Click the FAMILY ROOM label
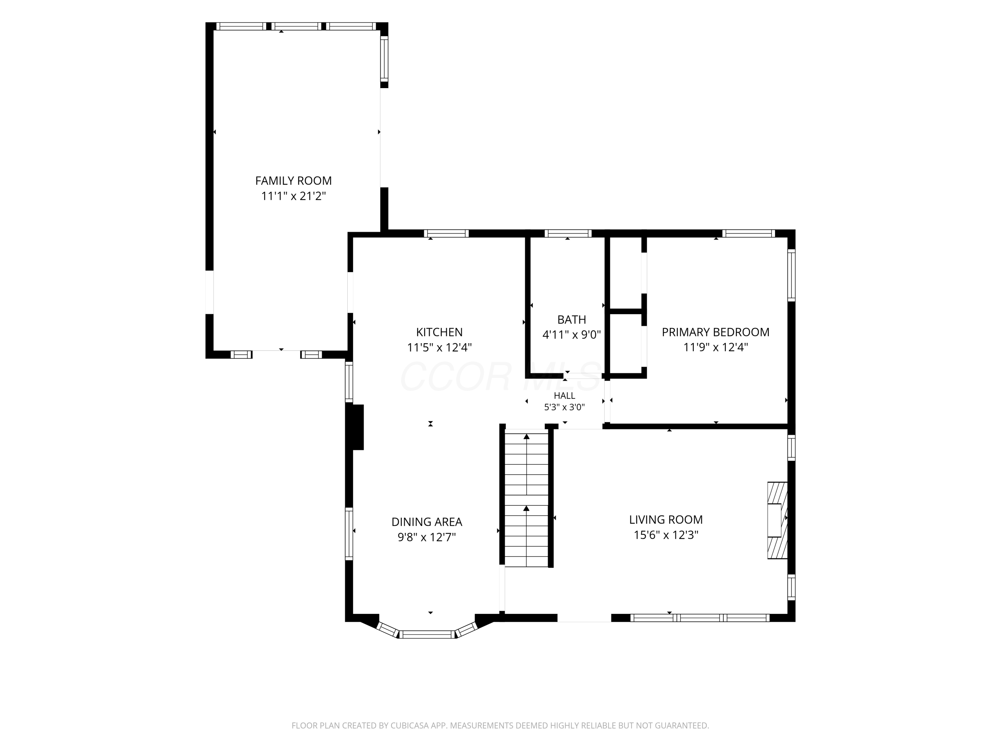click(293, 181)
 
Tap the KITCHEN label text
click(439, 332)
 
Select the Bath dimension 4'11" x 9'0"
click(572, 334)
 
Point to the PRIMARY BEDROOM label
click(715, 332)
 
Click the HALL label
click(564, 396)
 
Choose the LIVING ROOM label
click(666, 519)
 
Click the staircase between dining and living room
click(526, 498)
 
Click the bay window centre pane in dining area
click(427, 634)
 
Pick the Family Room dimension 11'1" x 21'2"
click(293, 196)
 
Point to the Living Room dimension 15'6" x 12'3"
click(666, 535)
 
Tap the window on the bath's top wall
click(568, 234)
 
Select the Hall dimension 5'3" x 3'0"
click(564, 407)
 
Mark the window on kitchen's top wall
click(446, 234)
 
